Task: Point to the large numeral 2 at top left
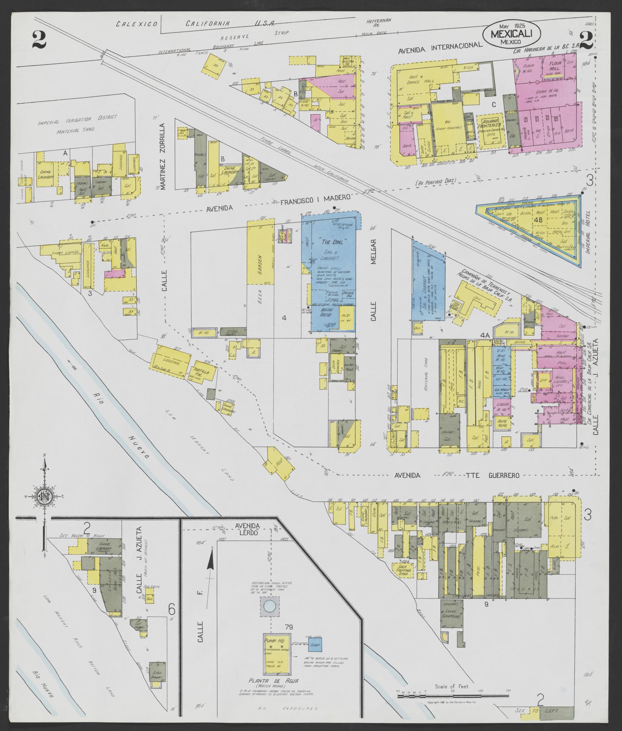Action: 39,40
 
